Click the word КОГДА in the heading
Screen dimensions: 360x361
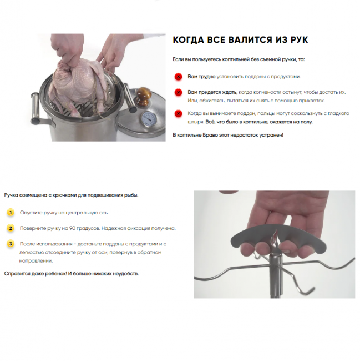coord(188,40)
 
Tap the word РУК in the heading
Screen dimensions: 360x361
coord(299,40)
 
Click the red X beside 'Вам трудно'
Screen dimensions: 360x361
coord(178,77)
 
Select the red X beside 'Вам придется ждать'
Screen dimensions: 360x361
coord(178,92)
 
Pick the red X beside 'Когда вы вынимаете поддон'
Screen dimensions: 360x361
coord(178,113)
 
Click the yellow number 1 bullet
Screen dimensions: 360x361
coord(11,213)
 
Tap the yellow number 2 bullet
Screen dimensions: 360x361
coord(11,228)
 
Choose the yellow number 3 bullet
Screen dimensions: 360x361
coord(11,244)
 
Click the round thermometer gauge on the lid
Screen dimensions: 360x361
coord(148,119)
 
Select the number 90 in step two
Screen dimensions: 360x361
coord(72,228)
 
